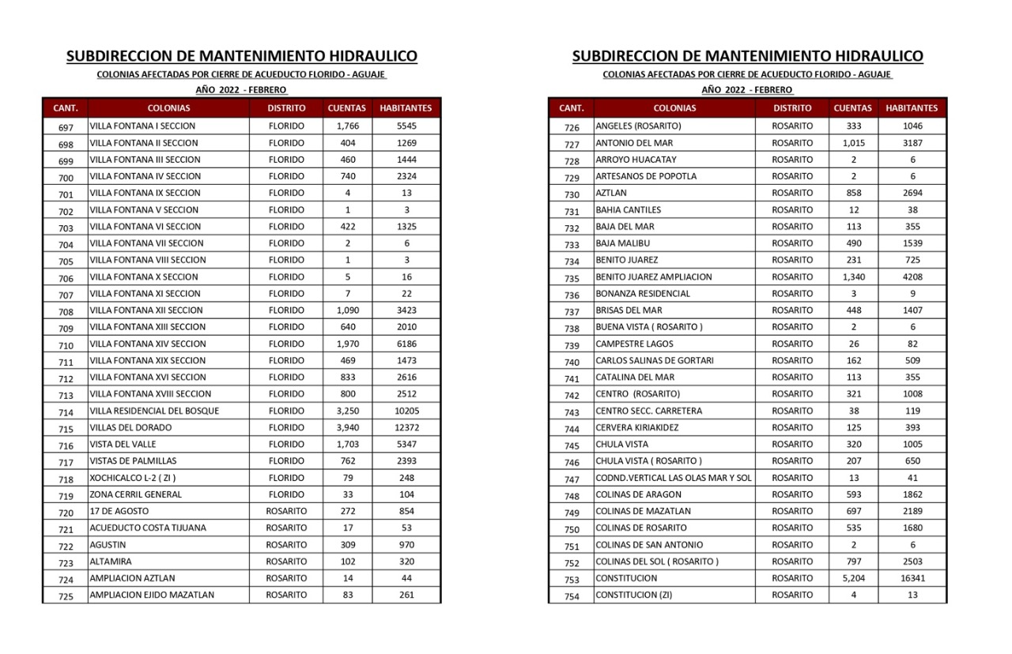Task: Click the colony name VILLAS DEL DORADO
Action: point(130,427)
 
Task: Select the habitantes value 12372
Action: point(406,427)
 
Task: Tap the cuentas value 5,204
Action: point(853,578)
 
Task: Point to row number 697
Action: point(66,127)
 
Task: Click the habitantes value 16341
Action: point(912,578)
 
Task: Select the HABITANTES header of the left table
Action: point(406,108)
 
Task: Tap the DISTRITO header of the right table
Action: point(792,108)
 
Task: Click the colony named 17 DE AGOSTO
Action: point(119,511)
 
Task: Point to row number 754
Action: point(572,596)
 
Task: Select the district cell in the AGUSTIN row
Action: point(286,545)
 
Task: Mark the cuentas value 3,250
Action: point(348,411)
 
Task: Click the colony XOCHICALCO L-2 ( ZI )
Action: point(133,478)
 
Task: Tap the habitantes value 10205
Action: point(406,411)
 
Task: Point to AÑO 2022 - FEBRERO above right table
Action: point(747,90)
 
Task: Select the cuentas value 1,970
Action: point(348,344)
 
